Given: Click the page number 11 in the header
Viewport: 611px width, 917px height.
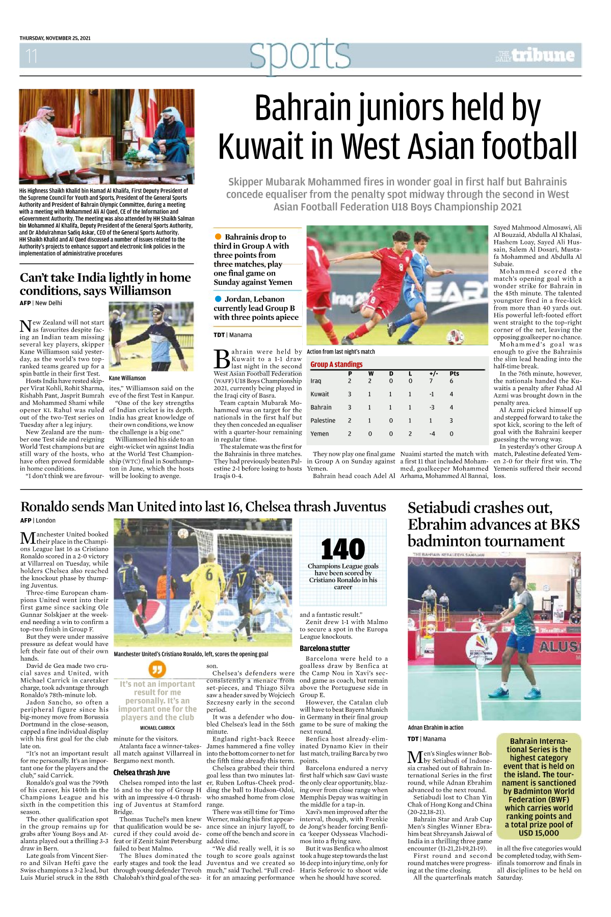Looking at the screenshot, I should pyautogui.click(x=32, y=56).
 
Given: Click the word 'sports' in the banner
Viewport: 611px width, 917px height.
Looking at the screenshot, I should pyautogui.click(x=300, y=56).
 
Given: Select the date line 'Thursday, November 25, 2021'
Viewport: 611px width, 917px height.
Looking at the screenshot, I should pyautogui.click(x=55, y=38).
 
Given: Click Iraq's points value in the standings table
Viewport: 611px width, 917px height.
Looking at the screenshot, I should pyautogui.click(x=451, y=381).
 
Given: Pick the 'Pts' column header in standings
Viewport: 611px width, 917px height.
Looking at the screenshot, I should pyautogui.click(x=454, y=373).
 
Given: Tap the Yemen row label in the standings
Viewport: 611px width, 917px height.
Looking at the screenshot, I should pyautogui.click(x=319, y=434).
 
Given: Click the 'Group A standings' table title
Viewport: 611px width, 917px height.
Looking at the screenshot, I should pyautogui.click(x=336, y=364).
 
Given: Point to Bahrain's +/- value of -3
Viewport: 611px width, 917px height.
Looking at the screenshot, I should pyautogui.click(x=432, y=407).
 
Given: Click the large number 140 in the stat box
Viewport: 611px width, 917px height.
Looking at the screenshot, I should pyautogui.click(x=343, y=550).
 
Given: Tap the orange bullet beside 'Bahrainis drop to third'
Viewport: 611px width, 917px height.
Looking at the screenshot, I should pyautogui.click(x=218, y=236).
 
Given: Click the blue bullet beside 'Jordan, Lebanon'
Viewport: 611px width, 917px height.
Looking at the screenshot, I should pyautogui.click(x=218, y=299).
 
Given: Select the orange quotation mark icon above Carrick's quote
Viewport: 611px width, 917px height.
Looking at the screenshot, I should pyautogui.click(x=157, y=669).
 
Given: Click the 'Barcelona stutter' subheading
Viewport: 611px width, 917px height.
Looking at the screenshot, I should pyautogui.click(x=325, y=649).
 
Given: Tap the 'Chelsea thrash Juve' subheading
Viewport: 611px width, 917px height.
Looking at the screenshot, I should pyautogui.click(x=141, y=772).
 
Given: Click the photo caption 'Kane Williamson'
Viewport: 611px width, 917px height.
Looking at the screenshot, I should pyautogui.click(x=127, y=378).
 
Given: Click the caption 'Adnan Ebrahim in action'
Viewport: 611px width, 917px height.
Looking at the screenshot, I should pyautogui.click(x=435, y=727).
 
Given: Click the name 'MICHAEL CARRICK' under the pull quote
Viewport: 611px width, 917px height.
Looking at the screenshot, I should pyautogui.click(x=157, y=728).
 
